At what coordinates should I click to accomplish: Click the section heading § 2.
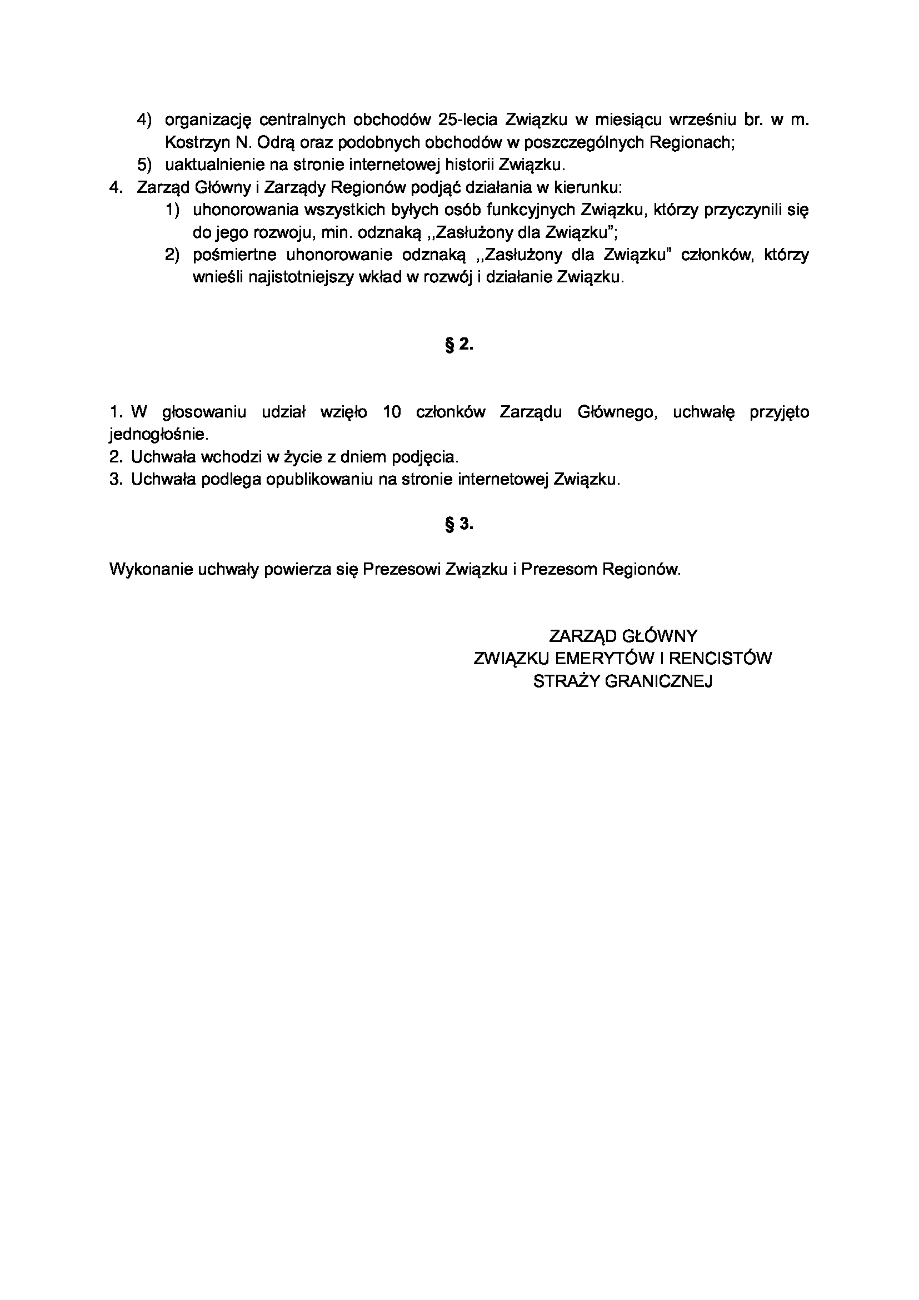459,344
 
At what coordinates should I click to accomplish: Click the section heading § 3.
459,524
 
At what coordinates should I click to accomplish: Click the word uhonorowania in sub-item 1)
244,210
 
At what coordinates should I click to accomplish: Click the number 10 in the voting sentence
392,412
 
